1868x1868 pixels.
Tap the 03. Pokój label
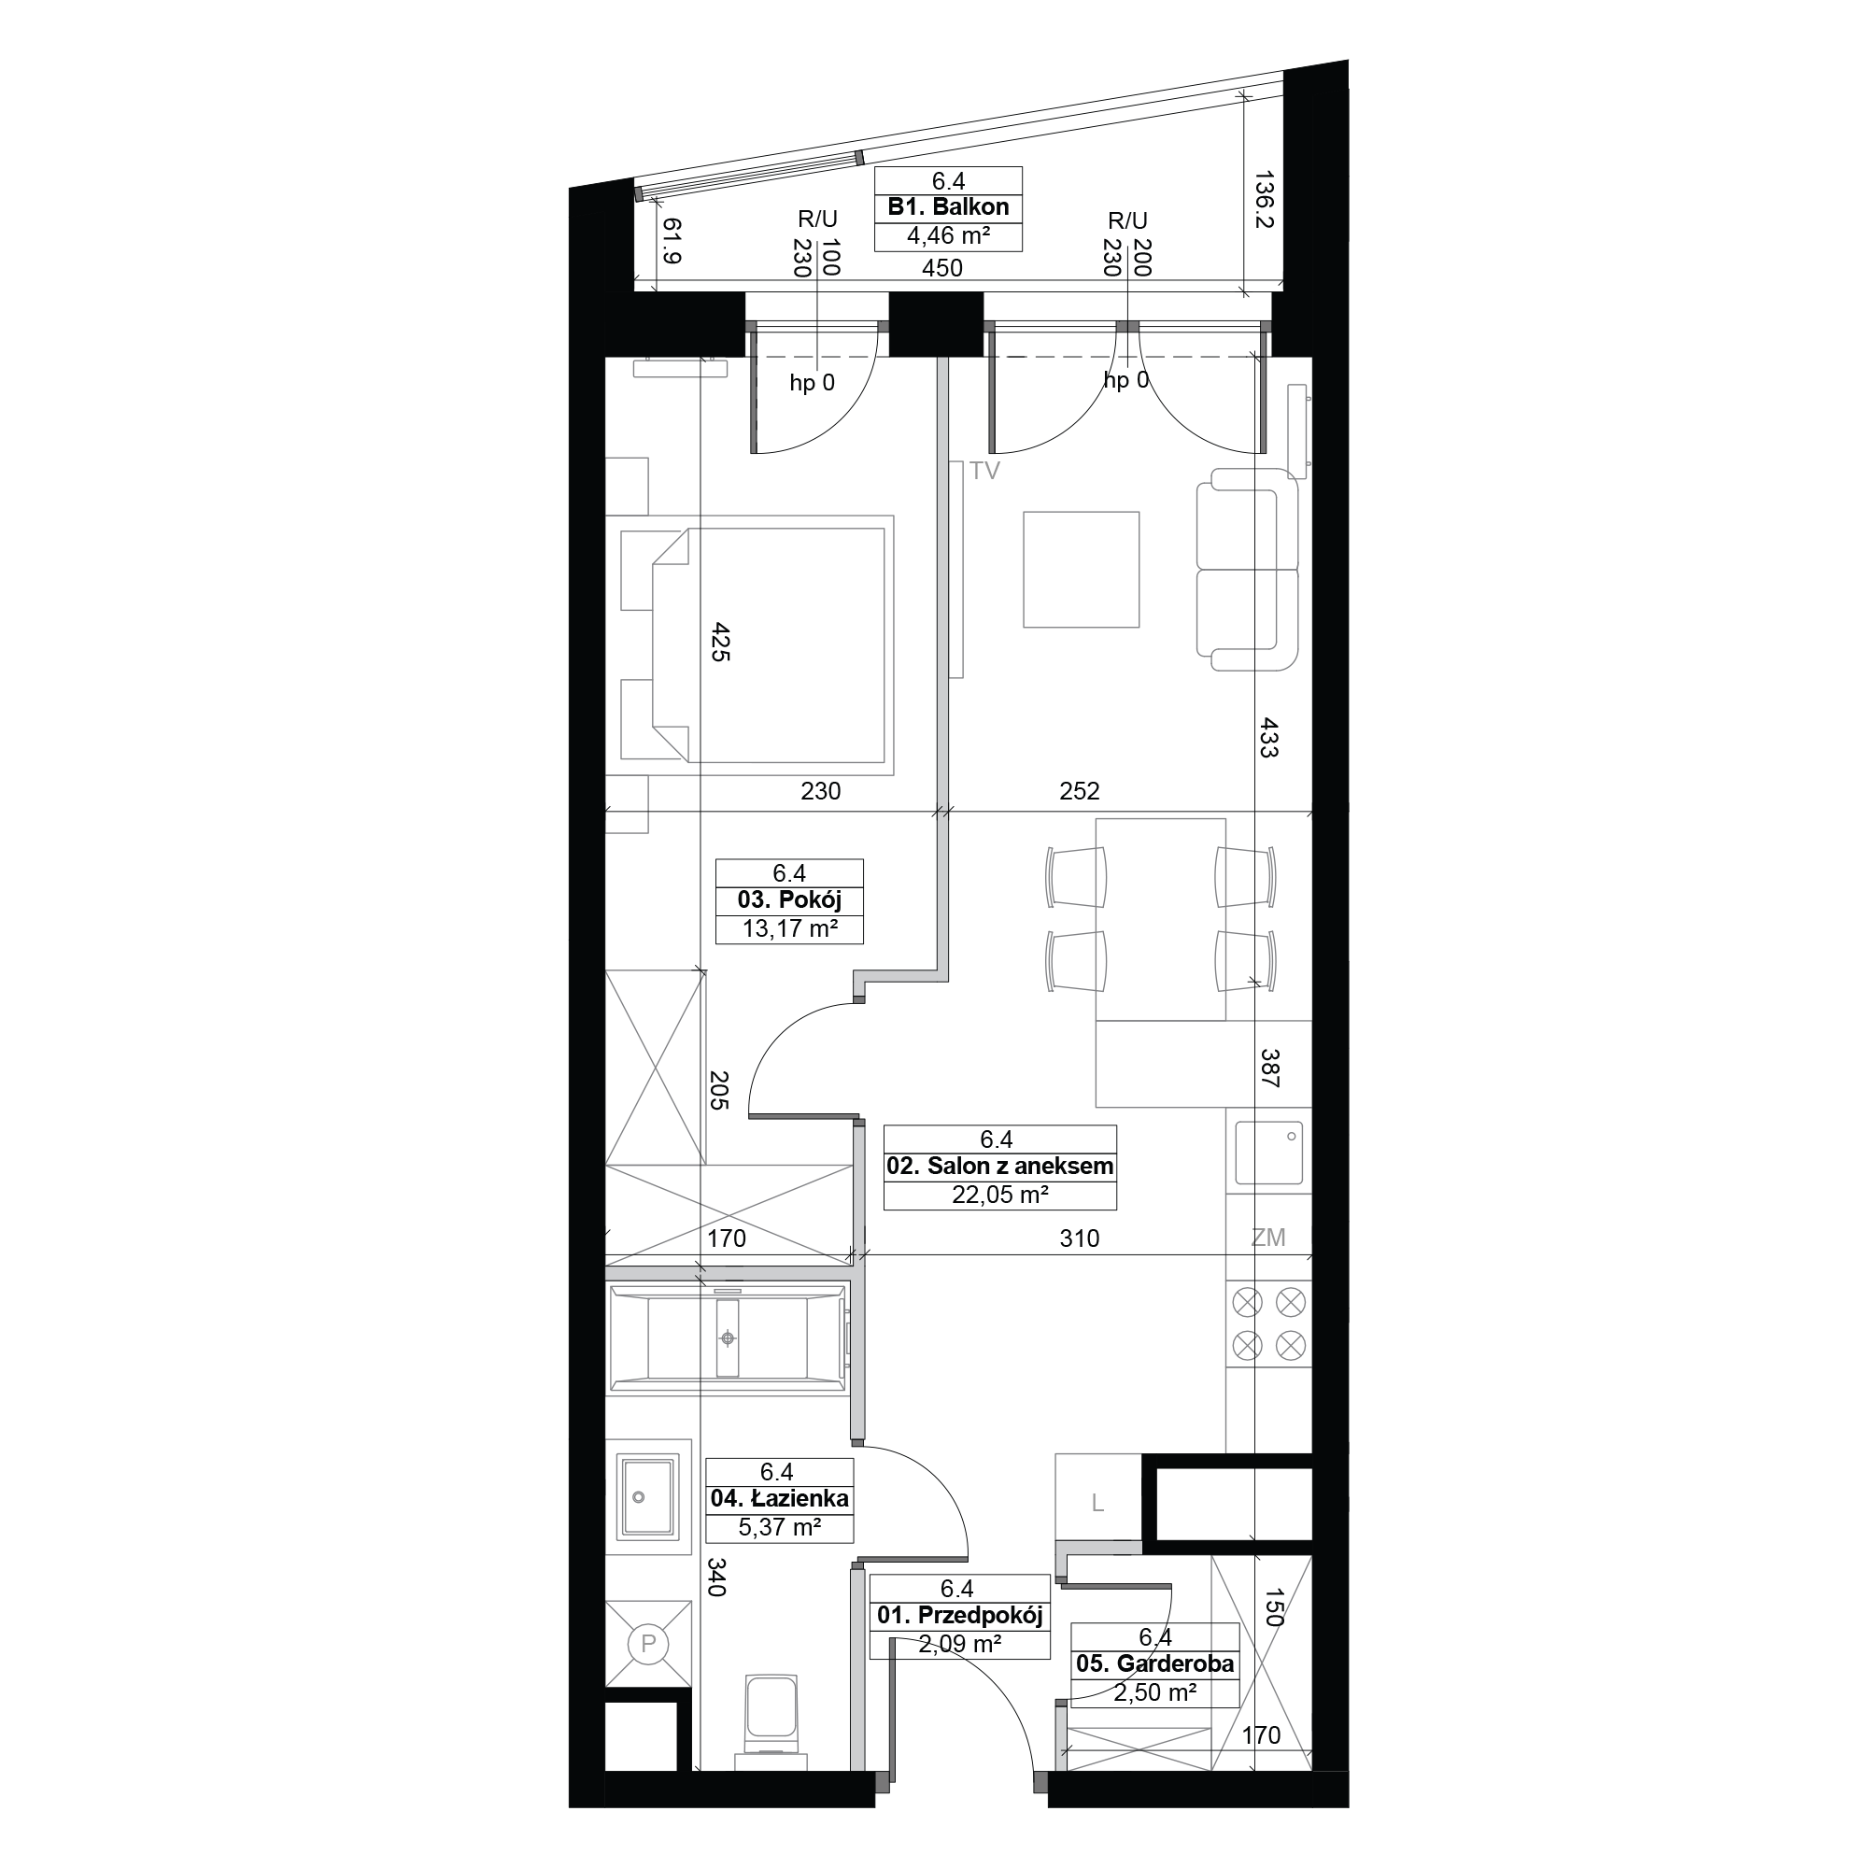(789, 900)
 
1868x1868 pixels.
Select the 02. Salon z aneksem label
(999, 1166)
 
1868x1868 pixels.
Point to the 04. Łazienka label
(779, 1499)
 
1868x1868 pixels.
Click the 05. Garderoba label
(1154, 1663)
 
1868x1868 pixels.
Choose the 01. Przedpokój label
(959, 1615)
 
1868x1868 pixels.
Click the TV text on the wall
(984, 472)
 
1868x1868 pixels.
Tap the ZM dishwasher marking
(1267, 1237)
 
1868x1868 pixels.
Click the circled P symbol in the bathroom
(648, 1643)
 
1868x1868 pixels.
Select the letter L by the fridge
(1097, 1503)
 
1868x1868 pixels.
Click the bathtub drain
(727, 1338)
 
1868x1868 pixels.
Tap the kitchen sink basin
(1268, 1153)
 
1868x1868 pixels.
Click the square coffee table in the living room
(1081, 570)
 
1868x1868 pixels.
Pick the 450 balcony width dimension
(941, 268)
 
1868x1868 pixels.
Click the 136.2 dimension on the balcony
(1265, 199)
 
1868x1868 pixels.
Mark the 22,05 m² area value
(999, 1196)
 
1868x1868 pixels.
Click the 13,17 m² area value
(789, 929)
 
